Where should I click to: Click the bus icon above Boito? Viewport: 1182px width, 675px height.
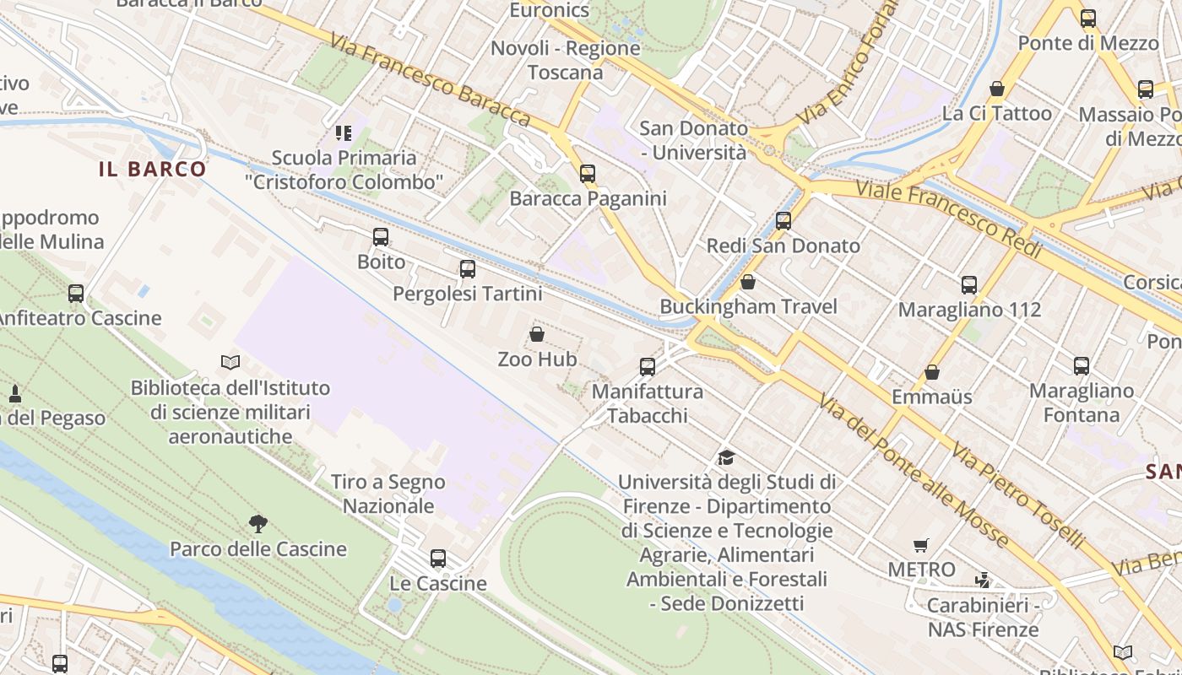coord(381,237)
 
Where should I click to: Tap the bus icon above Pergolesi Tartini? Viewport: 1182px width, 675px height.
coord(468,269)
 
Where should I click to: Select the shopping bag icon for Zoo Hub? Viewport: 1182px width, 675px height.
coord(537,335)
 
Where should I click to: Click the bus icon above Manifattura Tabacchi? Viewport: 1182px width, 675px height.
coord(648,367)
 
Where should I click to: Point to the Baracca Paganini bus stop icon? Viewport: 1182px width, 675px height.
coord(588,174)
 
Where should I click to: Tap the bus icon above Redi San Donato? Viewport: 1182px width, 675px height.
coord(783,221)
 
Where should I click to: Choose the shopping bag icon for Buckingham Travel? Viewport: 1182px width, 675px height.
coord(748,282)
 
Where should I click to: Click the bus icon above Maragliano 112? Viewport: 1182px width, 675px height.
coord(969,285)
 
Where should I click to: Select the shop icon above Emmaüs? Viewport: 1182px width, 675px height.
coord(932,372)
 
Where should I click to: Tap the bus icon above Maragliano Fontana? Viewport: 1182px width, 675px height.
coord(1082,366)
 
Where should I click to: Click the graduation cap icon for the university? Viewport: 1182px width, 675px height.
coord(726,457)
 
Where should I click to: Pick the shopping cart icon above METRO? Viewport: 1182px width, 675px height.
coord(921,545)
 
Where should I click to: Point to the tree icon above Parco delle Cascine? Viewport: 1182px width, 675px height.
coord(258,524)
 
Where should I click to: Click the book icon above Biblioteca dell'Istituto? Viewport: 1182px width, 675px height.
coord(230,363)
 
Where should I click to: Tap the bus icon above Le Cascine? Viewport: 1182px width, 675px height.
coord(438,559)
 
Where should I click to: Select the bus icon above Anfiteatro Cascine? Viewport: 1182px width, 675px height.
coord(76,294)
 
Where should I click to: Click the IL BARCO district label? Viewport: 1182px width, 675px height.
coord(153,169)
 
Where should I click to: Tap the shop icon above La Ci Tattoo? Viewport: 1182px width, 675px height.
coord(997,89)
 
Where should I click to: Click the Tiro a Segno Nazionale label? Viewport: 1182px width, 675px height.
coord(388,494)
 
